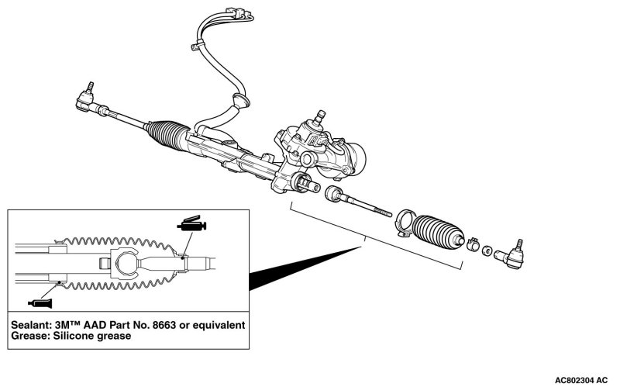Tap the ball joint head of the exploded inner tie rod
click(336, 194)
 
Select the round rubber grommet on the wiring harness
click(240, 102)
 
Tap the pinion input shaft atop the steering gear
click(318, 118)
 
